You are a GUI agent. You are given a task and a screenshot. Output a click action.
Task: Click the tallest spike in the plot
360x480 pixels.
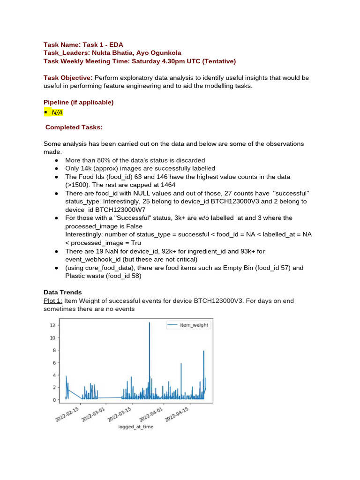(150, 323)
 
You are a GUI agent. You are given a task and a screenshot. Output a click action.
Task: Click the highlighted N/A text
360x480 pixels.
(57, 112)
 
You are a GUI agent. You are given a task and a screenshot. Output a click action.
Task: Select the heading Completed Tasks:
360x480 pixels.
(74, 127)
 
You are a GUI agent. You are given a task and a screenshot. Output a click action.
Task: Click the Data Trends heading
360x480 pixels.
(63, 292)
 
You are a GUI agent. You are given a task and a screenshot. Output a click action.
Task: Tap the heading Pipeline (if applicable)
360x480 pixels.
(79, 102)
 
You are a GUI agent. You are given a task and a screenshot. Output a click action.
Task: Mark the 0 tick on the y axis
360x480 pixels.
(54, 400)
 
